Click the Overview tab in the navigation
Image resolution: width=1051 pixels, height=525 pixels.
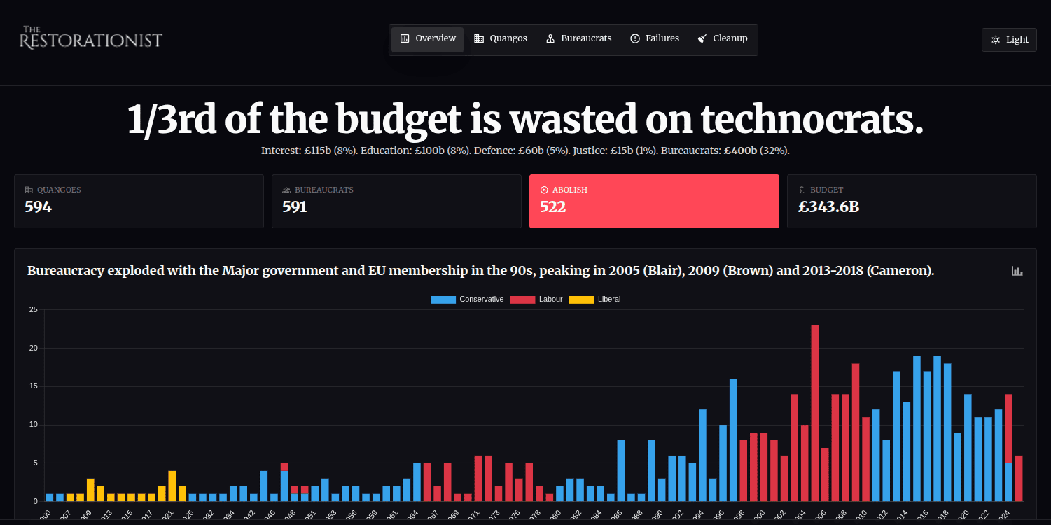click(x=428, y=39)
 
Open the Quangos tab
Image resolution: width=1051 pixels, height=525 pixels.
click(x=501, y=39)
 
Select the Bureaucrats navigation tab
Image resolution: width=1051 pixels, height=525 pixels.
click(x=578, y=39)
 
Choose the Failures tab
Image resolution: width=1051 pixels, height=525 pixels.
click(x=655, y=39)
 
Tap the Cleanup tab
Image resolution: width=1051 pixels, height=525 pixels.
click(x=723, y=39)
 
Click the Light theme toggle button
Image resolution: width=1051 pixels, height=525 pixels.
click(x=1009, y=40)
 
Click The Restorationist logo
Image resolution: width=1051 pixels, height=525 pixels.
click(x=91, y=38)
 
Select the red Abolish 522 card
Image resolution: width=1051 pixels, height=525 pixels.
click(x=654, y=201)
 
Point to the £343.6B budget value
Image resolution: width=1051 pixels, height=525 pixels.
click(x=828, y=206)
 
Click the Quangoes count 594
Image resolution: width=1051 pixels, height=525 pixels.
click(x=39, y=206)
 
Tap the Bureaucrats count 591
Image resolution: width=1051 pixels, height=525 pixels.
click(x=295, y=206)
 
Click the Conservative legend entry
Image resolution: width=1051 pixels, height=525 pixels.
click(x=467, y=300)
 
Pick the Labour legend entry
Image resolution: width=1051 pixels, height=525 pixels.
click(x=536, y=300)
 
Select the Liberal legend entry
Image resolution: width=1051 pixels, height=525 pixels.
click(x=594, y=300)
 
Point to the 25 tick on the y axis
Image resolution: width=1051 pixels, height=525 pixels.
click(x=33, y=310)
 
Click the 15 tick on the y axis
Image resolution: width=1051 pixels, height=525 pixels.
click(x=33, y=386)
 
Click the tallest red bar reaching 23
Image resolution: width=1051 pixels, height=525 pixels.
click(x=815, y=413)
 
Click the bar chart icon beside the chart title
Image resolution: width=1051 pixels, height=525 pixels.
click(x=1017, y=271)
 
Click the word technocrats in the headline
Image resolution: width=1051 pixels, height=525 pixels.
click(x=812, y=120)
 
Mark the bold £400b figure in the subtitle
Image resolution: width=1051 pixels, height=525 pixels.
click(x=741, y=150)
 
